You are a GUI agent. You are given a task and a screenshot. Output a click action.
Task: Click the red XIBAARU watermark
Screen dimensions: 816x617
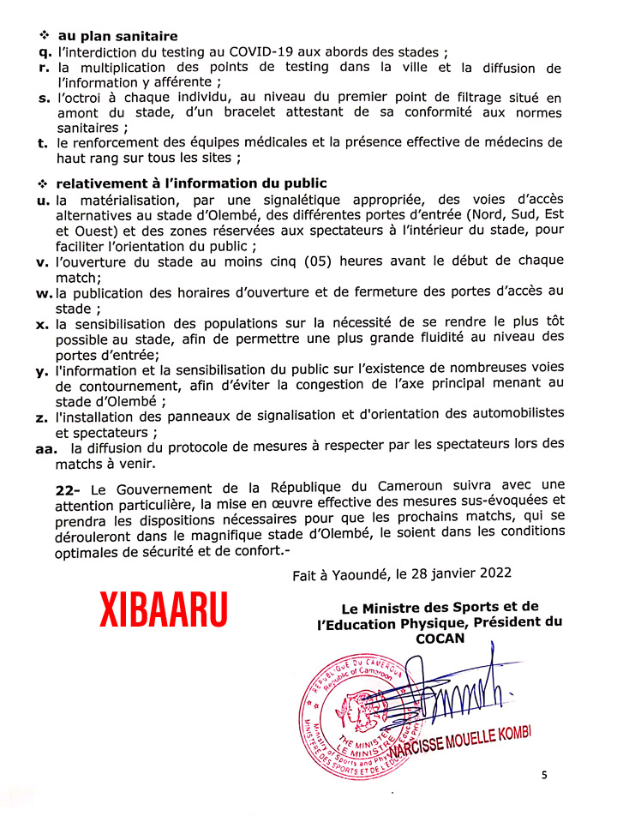point(165,609)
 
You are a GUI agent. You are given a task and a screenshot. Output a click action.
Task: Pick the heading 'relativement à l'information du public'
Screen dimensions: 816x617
point(191,184)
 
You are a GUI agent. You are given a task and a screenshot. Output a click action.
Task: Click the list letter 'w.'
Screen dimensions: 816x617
point(44,294)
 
